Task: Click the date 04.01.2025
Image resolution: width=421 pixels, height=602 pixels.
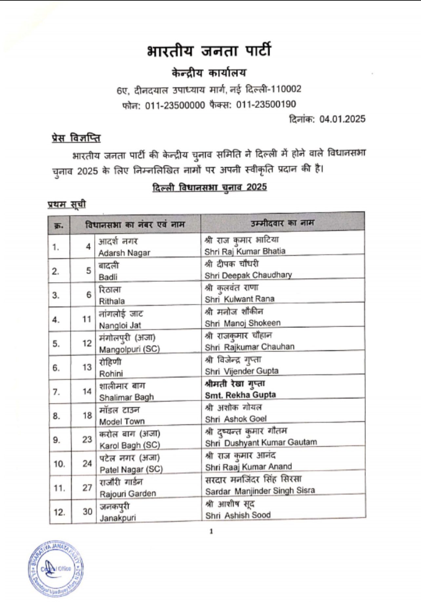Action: (x=342, y=119)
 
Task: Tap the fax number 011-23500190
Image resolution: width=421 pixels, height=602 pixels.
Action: (x=266, y=104)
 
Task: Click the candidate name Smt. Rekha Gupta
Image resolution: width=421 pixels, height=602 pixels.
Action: (x=240, y=395)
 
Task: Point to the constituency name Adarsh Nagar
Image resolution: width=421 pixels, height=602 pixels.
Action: (x=124, y=253)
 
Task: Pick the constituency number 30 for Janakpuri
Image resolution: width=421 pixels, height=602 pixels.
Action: (x=87, y=511)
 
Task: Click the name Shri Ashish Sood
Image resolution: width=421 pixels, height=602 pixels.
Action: (x=238, y=515)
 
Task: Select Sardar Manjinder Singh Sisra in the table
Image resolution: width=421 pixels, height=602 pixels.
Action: (x=260, y=491)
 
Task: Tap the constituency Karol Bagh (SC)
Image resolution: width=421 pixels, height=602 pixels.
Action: (x=130, y=445)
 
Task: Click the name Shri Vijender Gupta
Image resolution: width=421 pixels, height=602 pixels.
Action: (x=242, y=371)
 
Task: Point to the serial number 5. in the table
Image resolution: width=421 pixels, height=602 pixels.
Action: (x=56, y=343)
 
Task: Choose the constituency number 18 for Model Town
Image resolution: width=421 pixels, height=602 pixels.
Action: (x=87, y=415)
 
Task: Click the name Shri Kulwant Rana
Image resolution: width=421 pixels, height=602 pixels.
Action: (x=239, y=299)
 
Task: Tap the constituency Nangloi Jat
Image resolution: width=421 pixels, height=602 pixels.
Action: (x=120, y=325)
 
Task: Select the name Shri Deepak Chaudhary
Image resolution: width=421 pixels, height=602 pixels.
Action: (x=248, y=275)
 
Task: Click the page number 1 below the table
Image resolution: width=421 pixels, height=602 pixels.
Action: (x=211, y=531)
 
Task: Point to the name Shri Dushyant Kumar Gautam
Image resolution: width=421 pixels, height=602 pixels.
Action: (x=261, y=443)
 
